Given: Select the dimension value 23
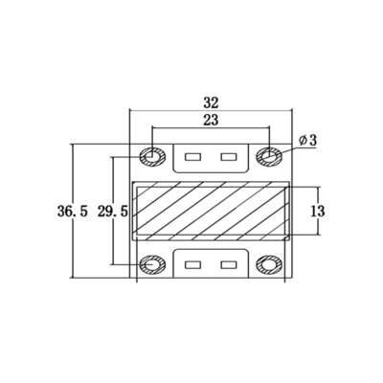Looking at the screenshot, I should (x=212, y=119).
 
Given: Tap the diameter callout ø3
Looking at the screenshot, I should (x=307, y=141).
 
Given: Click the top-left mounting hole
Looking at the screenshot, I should (x=151, y=154).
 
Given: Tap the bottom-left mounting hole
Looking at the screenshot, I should (x=151, y=265).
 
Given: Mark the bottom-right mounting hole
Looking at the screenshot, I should (x=270, y=265).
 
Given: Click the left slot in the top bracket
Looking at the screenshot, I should (x=192, y=155).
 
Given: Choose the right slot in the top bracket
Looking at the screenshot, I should (x=228, y=155).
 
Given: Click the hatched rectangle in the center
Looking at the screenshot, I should (x=211, y=210).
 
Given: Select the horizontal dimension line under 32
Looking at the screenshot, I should (x=172, y=109).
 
